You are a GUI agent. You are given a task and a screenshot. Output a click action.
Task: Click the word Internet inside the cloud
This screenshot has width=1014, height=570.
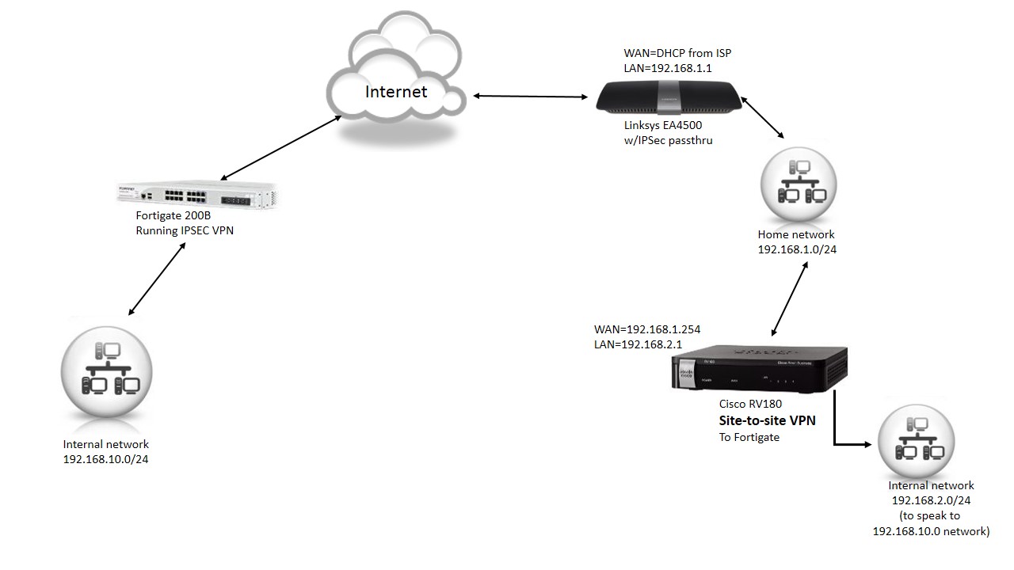(396, 92)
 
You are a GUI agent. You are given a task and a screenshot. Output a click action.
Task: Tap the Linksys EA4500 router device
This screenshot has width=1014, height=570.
(669, 97)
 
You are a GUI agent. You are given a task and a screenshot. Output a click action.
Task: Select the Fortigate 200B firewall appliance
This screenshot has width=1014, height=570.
(196, 195)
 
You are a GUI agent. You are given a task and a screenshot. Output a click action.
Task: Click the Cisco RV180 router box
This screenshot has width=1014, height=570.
(759, 368)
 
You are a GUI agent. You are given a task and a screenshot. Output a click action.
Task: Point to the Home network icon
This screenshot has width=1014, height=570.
(799, 185)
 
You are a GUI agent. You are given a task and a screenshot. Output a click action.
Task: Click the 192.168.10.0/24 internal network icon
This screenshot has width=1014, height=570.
(106, 372)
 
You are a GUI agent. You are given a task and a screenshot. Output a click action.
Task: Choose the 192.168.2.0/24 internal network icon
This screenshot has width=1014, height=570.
(916, 440)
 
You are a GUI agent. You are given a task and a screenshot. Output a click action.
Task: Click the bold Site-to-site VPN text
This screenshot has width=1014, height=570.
(768, 420)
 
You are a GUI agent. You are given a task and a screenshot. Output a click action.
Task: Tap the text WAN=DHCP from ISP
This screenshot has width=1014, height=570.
(677, 53)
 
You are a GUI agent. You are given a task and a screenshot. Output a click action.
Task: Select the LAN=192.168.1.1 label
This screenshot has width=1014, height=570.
(668, 68)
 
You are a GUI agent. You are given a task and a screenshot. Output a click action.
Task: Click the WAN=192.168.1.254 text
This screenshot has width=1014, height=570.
(647, 329)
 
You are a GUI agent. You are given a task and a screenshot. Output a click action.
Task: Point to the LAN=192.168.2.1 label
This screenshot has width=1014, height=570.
(638, 344)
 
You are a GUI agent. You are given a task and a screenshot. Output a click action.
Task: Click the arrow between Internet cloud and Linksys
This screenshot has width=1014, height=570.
(531, 96)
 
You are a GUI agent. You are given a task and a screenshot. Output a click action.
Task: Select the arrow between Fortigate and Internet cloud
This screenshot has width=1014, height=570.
(280, 147)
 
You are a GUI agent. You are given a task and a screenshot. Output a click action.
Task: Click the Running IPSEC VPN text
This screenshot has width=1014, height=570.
(185, 230)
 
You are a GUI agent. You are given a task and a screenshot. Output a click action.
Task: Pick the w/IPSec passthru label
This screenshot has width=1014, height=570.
(668, 141)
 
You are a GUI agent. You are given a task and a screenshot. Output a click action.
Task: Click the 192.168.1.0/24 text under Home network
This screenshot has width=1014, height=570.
(797, 249)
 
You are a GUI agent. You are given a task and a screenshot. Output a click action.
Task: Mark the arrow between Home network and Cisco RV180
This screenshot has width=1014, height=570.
(790, 299)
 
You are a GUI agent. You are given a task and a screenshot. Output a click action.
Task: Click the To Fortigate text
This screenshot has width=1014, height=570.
(749, 438)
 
